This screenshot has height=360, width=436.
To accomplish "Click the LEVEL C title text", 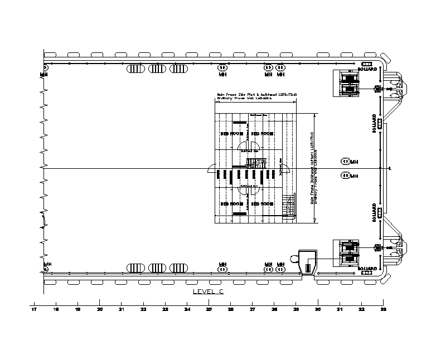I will (x=208, y=291).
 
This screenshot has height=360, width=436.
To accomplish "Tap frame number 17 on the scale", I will (x=34, y=309).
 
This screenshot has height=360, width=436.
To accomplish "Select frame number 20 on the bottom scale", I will (x=99, y=309).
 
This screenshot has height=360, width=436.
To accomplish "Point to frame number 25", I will (x=209, y=309).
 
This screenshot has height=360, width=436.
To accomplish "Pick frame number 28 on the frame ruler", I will (x=274, y=309).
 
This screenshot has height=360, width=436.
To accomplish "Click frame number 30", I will (x=317, y=309).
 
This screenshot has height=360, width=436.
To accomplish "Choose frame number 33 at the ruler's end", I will (x=383, y=309).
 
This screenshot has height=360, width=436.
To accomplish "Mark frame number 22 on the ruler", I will (x=143, y=309).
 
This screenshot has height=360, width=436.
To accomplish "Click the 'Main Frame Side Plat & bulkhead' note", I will (x=249, y=95).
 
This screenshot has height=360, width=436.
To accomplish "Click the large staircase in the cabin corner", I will (x=288, y=207).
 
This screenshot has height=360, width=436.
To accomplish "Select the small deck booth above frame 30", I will (x=307, y=262).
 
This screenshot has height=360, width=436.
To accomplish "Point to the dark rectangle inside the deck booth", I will (x=307, y=268).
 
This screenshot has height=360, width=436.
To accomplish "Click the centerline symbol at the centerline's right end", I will (x=390, y=168).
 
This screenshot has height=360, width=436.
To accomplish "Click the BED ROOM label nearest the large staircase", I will (x=261, y=204).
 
